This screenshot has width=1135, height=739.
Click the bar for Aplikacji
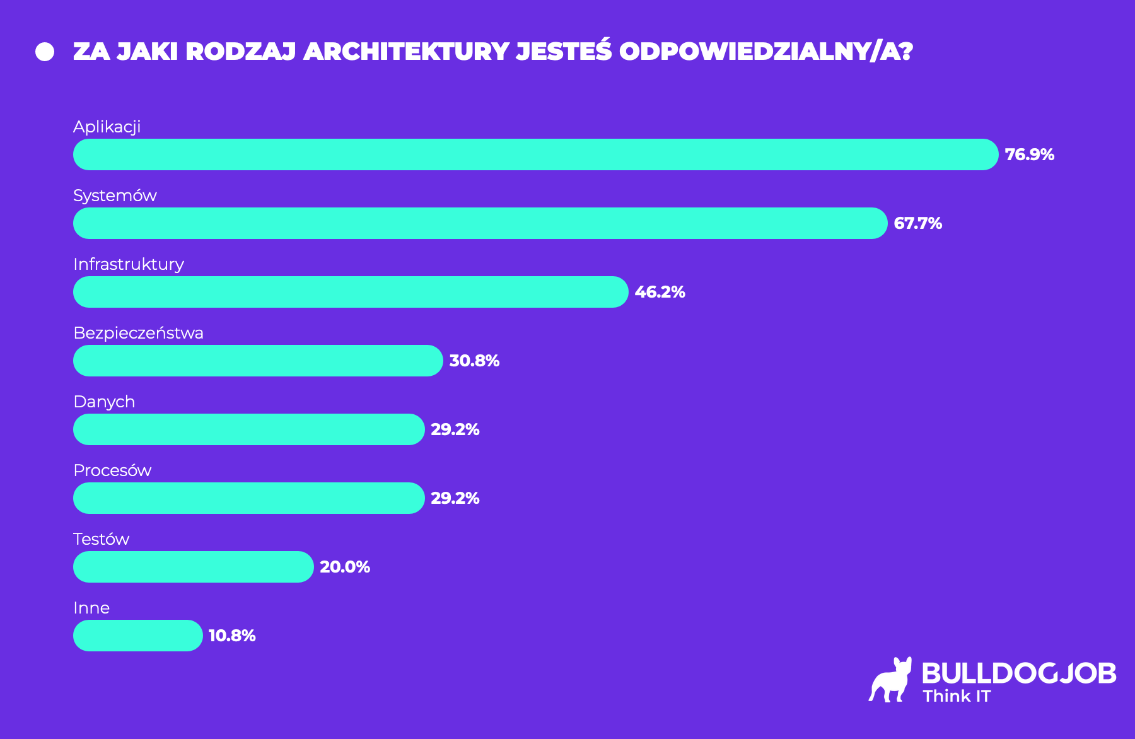click(x=536, y=154)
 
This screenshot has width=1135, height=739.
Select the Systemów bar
click(x=479, y=223)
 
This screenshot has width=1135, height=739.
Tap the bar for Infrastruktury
click(x=351, y=292)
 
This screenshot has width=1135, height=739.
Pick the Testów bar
click(x=193, y=567)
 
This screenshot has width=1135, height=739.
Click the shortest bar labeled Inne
click(x=137, y=636)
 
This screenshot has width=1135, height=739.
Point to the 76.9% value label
click(x=1029, y=154)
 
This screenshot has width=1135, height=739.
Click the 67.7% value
click(x=917, y=223)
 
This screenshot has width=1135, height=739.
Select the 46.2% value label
click(x=660, y=292)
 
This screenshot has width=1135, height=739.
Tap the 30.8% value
click(x=474, y=361)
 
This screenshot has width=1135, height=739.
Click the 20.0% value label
click(x=345, y=567)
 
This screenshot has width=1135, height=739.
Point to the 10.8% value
click(x=232, y=636)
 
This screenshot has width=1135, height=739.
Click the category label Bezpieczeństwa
click(x=138, y=333)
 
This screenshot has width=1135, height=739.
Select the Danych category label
click(x=104, y=402)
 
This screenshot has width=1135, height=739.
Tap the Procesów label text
click(x=112, y=470)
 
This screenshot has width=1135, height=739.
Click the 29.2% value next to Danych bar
click(x=455, y=429)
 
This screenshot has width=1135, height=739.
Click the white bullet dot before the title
click(x=45, y=52)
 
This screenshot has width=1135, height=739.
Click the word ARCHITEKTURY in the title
click(x=407, y=52)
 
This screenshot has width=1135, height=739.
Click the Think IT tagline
click(x=957, y=696)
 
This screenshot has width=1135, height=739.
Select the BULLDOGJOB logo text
click(x=1019, y=673)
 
